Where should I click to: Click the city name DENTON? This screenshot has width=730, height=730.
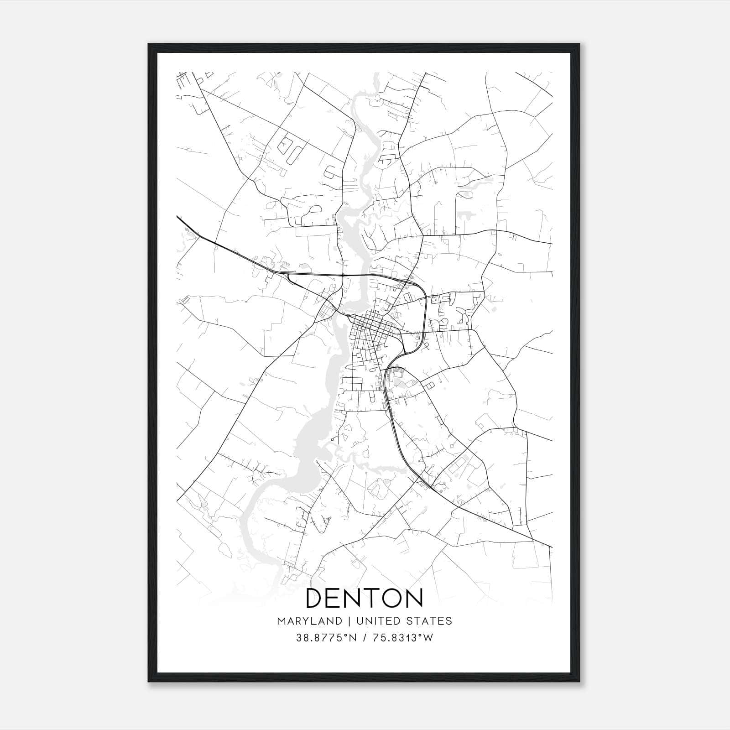coord(364,598)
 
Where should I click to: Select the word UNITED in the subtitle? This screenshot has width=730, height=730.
coord(376,620)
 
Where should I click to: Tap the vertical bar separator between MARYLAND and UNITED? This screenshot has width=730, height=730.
coord(348,620)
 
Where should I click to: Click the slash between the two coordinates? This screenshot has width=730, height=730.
coord(364,638)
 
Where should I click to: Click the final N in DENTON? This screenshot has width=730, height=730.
coord(413,598)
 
